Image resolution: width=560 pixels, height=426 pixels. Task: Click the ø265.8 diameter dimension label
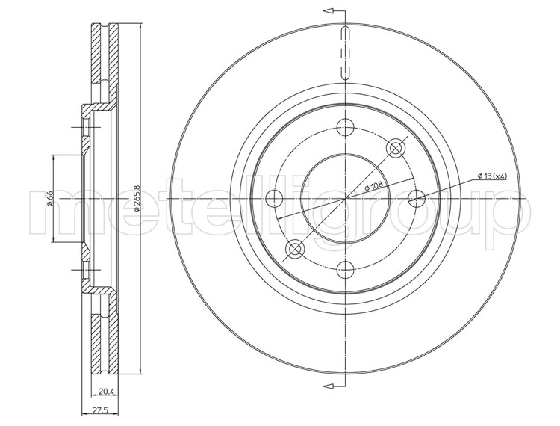click(x=137, y=198)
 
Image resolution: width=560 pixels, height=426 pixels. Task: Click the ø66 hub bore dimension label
click(x=49, y=199)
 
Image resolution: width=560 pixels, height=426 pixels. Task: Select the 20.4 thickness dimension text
click(x=105, y=392)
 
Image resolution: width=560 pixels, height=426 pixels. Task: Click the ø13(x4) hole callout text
click(x=492, y=176)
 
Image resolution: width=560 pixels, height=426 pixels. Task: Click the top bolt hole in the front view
click(x=346, y=127)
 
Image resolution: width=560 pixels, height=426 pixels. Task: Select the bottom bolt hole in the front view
click(x=346, y=269)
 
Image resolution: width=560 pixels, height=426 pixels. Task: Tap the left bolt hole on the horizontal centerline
click(x=275, y=198)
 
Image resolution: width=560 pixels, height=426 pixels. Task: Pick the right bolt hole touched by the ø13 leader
click(x=417, y=198)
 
